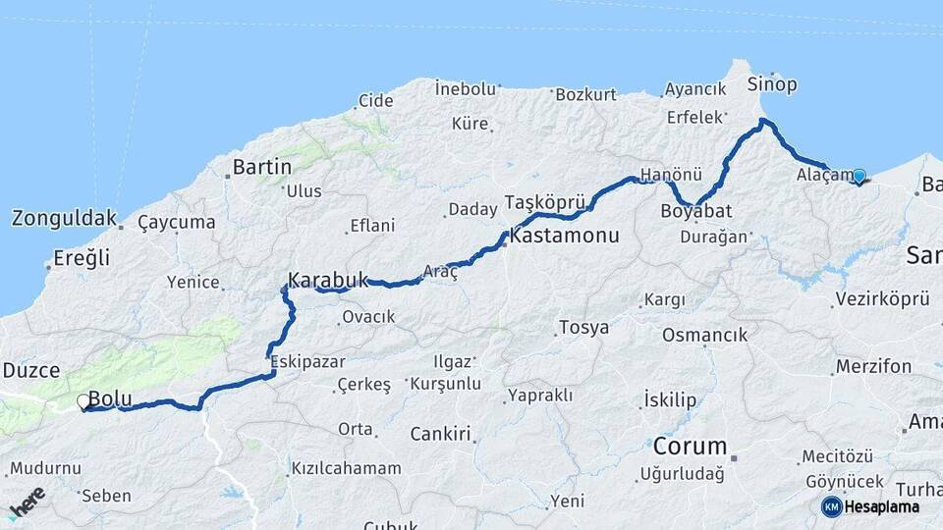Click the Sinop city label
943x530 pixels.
(x=771, y=82)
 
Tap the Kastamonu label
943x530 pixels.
(x=565, y=237)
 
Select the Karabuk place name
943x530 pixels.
(x=328, y=278)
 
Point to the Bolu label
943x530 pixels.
(x=110, y=398)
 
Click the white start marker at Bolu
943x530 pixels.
(x=83, y=401)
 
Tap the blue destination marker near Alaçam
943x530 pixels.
(x=859, y=177)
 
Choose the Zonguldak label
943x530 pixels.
(x=64, y=218)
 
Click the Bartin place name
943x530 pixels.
(x=262, y=167)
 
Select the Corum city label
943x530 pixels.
(x=690, y=447)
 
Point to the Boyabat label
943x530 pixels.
(x=695, y=210)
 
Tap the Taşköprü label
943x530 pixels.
(x=543, y=202)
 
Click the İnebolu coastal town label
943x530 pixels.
(x=466, y=89)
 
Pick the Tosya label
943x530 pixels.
(x=583, y=327)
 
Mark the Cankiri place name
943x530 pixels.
(x=441, y=433)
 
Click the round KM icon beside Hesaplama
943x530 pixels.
(x=831, y=506)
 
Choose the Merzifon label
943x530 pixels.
(x=873, y=366)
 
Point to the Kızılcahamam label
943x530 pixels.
(x=346, y=468)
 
